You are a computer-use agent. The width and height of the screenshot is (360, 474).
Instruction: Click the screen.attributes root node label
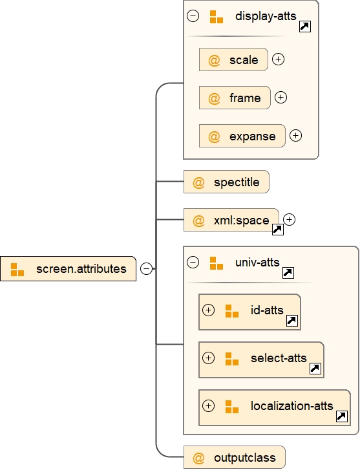point(81,269)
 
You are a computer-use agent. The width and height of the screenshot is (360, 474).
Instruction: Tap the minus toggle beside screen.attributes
point(147,268)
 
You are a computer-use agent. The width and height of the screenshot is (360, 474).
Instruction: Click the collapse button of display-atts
point(193,16)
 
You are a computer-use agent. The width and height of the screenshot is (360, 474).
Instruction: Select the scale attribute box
point(233,59)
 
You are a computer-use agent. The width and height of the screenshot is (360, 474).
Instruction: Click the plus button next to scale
point(278,59)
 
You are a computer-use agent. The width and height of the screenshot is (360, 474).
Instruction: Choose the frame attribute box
point(235,98)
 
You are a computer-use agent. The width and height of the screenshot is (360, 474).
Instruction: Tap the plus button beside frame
point(281,98)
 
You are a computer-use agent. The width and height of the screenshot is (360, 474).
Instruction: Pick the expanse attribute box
point(242,136)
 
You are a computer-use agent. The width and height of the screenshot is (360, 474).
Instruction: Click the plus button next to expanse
point(295,135)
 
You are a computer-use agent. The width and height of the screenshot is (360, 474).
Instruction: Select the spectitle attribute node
point(226,182)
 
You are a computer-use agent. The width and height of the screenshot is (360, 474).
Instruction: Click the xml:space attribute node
point(231,220)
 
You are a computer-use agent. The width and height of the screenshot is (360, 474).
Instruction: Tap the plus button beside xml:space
point(290,219)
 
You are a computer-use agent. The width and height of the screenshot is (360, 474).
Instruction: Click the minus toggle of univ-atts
point(193,262)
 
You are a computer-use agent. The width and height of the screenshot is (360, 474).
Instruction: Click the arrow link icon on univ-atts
point(288,273)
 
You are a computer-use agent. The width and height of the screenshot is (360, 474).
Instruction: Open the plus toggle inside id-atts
point(208,310)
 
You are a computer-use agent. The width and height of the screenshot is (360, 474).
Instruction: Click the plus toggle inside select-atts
point(208,358)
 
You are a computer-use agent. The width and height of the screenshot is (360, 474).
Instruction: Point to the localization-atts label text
point(291,405)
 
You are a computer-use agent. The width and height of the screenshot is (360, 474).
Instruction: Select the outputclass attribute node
point(235,457)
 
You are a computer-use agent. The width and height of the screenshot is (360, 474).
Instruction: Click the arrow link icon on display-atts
point(305,27)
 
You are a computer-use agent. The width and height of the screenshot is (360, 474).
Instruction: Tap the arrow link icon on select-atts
point(315,369)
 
